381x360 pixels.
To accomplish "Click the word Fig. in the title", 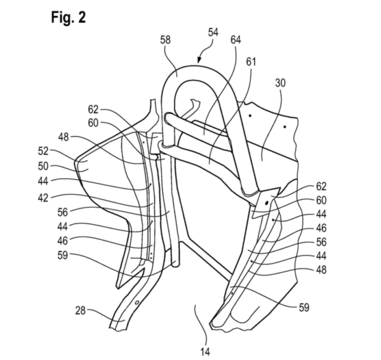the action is tap(62, 18).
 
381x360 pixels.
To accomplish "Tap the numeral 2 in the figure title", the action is tap(82, 17).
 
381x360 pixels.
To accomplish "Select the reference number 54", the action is tap(213, 32).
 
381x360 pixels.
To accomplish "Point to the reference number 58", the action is tap(165, 40).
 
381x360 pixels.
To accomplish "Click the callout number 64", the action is tap(236, 40).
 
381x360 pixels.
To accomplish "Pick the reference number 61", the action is tap(251, 62).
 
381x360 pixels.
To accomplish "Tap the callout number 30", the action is tap(280, 83).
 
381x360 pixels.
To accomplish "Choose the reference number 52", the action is tap(43, 151).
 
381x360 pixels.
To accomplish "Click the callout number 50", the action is tap(43, 166).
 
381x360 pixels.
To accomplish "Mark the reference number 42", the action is tap(43, 198).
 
